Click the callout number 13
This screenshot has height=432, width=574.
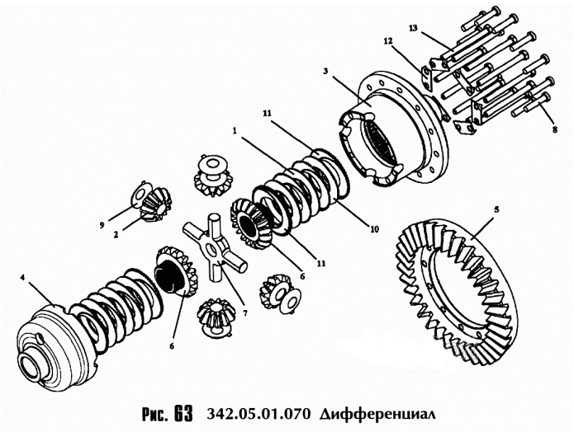pos(413,28)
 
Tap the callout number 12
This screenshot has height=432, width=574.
pos(388,41)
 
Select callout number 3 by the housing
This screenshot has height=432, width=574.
pos(325,71)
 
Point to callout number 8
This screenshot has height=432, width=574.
pos(555,129)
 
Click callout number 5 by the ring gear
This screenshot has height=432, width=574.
pos(496,210)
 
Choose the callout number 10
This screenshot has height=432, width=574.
pos(374,229)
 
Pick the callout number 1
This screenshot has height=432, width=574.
pos(235,130)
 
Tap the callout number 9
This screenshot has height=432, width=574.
pos(102,226)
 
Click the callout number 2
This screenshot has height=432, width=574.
pos(116,235)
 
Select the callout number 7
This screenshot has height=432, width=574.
pos(245,313)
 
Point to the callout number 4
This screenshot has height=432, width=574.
pos(22,278)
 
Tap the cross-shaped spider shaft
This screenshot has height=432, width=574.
pos(214,248)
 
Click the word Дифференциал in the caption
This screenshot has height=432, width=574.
pos(378,415)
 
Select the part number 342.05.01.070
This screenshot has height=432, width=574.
pos(259,415)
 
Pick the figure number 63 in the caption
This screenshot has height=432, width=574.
pos(184,414)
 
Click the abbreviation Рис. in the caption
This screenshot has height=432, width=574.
pos(154,415)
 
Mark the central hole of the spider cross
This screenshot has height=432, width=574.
pos(211,250)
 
